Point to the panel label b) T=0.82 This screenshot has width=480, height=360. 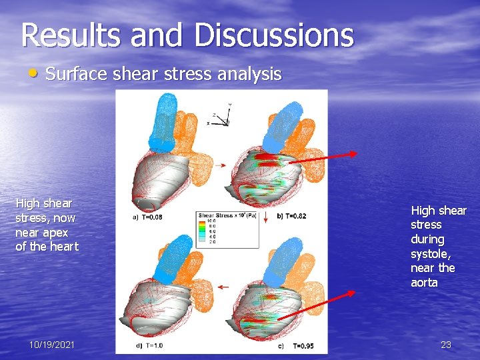click(291, 217)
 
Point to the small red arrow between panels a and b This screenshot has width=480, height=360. click(221, 165)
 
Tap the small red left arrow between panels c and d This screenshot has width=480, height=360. click(222, 287)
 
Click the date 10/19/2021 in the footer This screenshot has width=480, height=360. click(52, 345)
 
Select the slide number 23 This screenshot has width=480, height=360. click(445, 345)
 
